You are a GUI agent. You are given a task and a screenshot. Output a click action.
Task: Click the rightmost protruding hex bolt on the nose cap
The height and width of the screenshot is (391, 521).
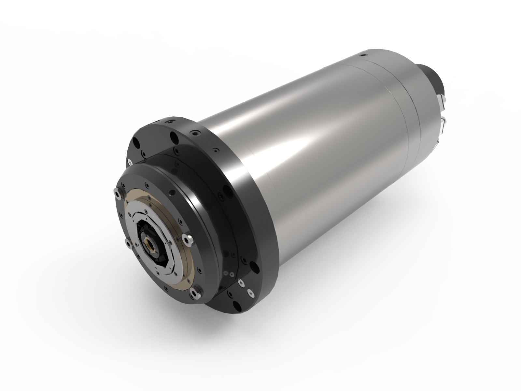pos(189,240)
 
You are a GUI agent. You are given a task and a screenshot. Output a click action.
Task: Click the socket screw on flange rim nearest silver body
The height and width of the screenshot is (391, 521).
pos(196,134)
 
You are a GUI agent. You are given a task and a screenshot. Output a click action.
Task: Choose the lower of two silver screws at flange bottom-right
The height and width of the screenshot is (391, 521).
pos(250,293)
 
